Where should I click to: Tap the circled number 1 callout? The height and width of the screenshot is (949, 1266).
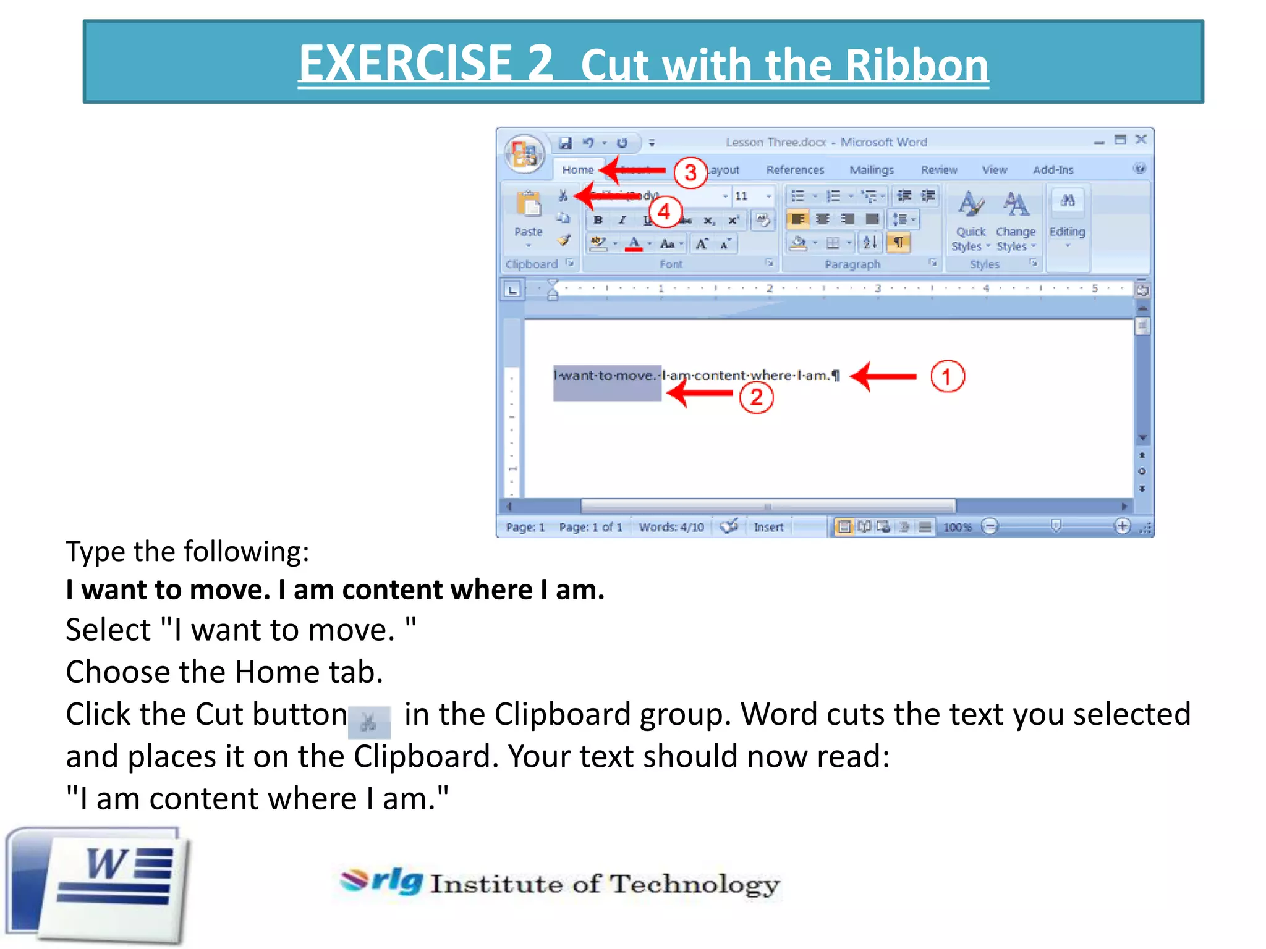tap(947, 376)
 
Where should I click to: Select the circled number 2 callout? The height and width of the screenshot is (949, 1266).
tap(757, 397)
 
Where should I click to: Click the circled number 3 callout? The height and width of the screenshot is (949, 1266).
tap(690, 172)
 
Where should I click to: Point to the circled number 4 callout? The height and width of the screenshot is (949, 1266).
tap(665, 212)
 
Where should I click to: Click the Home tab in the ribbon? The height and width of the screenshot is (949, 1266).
tap(577, 170)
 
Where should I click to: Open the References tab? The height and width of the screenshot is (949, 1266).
tap(795, 170)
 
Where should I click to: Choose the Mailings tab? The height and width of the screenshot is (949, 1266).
tap(871, 170)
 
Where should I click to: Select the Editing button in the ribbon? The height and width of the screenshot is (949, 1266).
tap(1067, 216)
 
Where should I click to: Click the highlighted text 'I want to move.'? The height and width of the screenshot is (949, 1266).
tap(606, 376)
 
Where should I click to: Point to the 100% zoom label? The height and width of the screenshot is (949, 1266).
tap(957, 527)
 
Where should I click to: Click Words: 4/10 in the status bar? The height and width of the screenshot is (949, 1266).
tap(671, 527)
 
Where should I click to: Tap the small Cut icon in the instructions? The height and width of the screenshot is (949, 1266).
tap(369, 722)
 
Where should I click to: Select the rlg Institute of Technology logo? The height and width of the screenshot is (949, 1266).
tap(559, 882)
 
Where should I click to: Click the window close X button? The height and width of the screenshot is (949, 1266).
tap(1141, 140)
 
